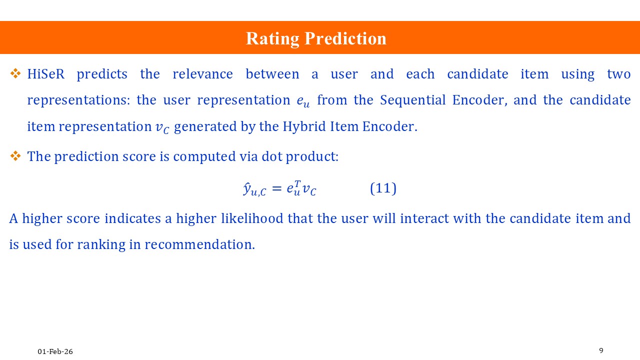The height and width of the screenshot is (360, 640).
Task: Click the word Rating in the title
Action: [x=272, y=39]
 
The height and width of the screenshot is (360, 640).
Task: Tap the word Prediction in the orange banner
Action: [x=345, y=38]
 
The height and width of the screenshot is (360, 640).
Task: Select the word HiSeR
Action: [x=46, y=74]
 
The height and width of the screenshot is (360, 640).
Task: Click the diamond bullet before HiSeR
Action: [x=15, y=73]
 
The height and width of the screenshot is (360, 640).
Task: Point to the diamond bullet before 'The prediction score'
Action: [x=15, y=156]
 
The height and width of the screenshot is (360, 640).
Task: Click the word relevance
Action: [x=202, y=74]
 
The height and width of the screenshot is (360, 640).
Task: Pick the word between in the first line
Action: [x=272, y=74]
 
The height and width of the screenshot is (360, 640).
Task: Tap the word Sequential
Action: [x=413, y=100]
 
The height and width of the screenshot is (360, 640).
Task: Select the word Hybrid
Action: [x=304, y=126]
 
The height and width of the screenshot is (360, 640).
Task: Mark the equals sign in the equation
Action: [x=276, y=188]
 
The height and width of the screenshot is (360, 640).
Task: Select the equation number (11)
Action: [x=383, y=188]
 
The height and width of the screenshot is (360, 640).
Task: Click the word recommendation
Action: [x=199, y=244]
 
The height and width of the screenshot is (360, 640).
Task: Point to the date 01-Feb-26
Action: [x=55, y=351]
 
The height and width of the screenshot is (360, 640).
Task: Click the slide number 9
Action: [x=601, y=350]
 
